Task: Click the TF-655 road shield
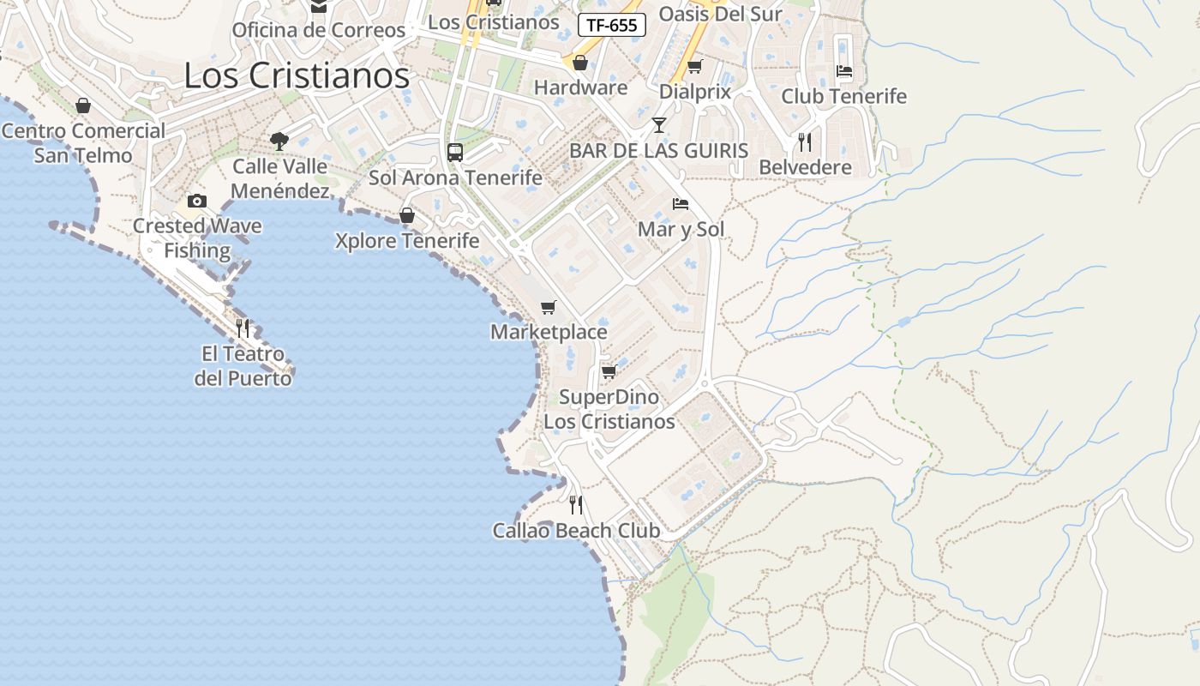point(612,25)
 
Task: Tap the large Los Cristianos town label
point(297,75)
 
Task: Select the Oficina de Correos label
point(318,30)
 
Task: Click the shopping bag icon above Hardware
point(580,63)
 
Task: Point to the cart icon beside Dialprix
point(694,66)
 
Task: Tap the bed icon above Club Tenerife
point(844,71)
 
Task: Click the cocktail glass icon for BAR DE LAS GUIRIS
point(658,125)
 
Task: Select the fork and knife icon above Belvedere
point(805,141)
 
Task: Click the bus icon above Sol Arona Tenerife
point(455,153)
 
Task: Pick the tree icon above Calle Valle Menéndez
point(279,141)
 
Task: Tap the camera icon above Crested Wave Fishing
point(197,201)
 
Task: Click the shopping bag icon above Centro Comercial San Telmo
point(83,105)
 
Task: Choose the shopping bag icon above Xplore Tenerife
point(407,215)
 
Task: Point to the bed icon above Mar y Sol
point(681,204)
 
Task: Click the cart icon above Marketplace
point(549,307)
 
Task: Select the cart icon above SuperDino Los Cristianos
point(609,371)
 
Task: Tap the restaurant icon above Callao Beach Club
point(576,505)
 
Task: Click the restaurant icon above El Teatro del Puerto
point(243,328)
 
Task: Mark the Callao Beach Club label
point(576,531)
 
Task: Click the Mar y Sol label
point(681,229)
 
